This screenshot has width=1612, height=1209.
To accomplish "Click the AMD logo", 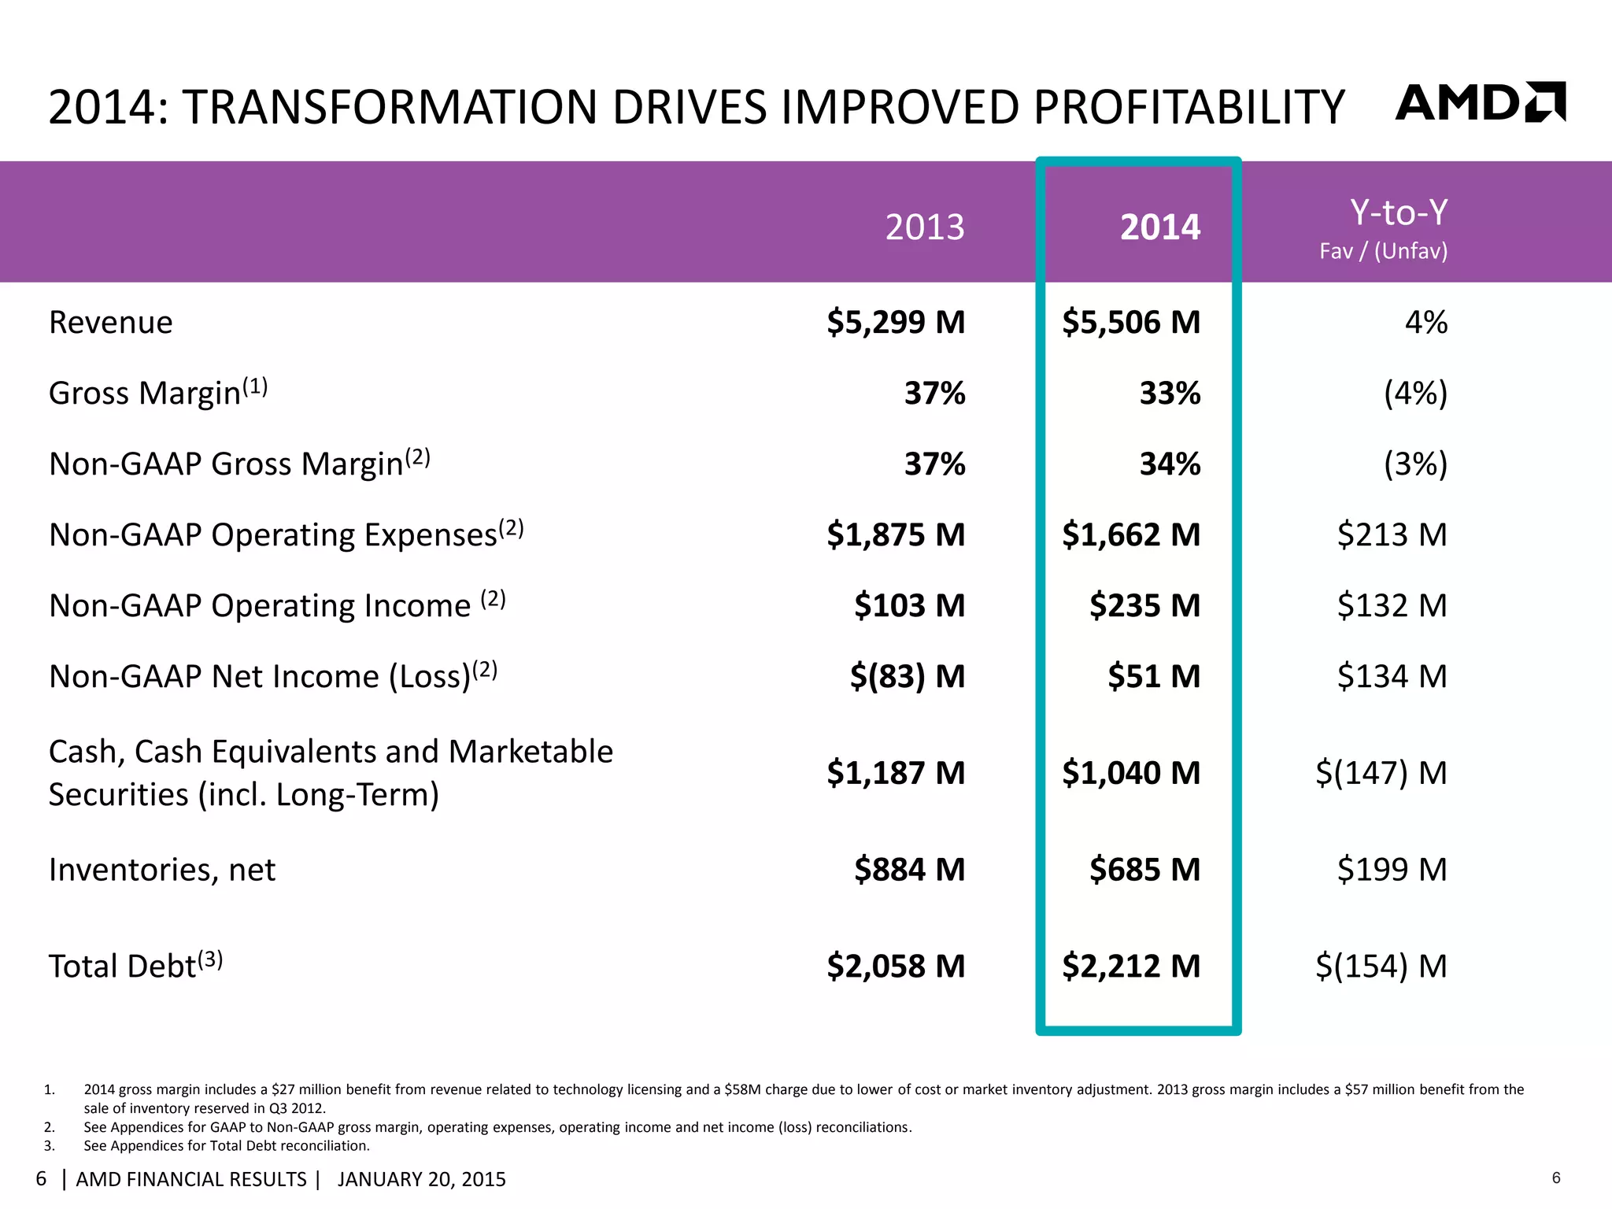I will click(x=1480, y=102).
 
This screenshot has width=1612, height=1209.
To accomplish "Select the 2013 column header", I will click(x=924, y=227).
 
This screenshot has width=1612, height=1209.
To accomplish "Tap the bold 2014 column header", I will click(x=1159, y=227).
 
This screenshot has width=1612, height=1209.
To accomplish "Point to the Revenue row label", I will click(x=111, y=323).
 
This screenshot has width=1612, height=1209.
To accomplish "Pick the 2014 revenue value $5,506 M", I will click(x=1131, y=323).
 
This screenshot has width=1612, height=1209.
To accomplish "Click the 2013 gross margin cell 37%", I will click(x=934, y=394).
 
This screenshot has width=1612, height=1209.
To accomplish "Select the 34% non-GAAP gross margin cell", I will click(x=1170, y=464).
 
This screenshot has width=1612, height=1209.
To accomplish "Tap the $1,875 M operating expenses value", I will click(x=896, y=535).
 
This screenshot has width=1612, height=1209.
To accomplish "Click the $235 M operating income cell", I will click(x=1144, y=606).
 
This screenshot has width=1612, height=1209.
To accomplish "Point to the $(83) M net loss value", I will click(x=907, y=677).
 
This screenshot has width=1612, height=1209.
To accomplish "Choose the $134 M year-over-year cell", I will click(x=1392, y=677).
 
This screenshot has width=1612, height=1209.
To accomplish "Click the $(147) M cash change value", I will click(x=1381, y=773).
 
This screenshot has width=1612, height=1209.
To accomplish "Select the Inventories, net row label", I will click(x=162, y=870).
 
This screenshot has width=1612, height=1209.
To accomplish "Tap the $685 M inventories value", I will click(x=1144, y=870).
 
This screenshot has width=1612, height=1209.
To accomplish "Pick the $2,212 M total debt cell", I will click(x=1131, y=966).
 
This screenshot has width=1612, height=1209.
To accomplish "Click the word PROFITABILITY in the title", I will click(x=1189, y=107).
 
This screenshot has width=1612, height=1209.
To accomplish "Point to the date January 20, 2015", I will click(x=422, y=1179).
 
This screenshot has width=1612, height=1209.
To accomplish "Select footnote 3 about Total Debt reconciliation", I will click(x=227, y=1146).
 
